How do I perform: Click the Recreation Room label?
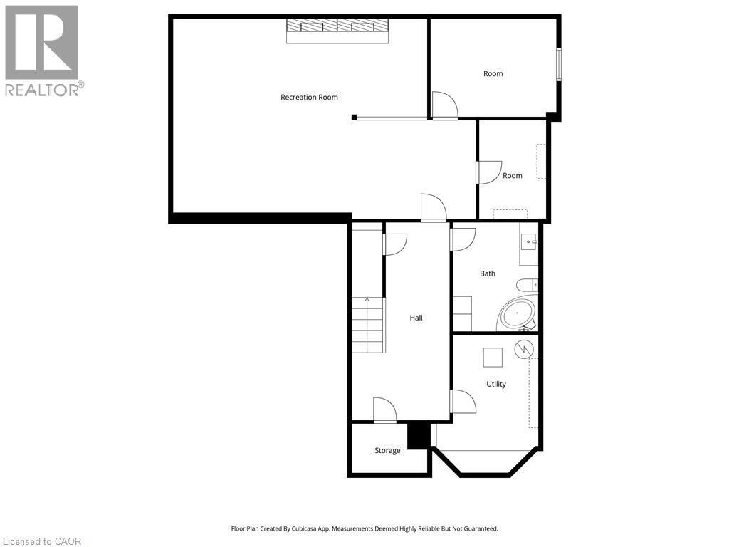tap(309, 98)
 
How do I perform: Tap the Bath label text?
tap(488, 273)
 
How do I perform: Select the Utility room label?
tap(496, 384)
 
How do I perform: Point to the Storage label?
tap(387, 450)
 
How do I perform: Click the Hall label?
tap(416, 318)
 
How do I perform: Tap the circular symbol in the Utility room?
tap(524, 349)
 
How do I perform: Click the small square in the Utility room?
tap(492, 356)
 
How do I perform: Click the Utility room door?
tap(463, 402)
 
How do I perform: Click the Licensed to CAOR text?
tap(41, 541)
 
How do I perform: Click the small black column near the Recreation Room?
tap(354, 118)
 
